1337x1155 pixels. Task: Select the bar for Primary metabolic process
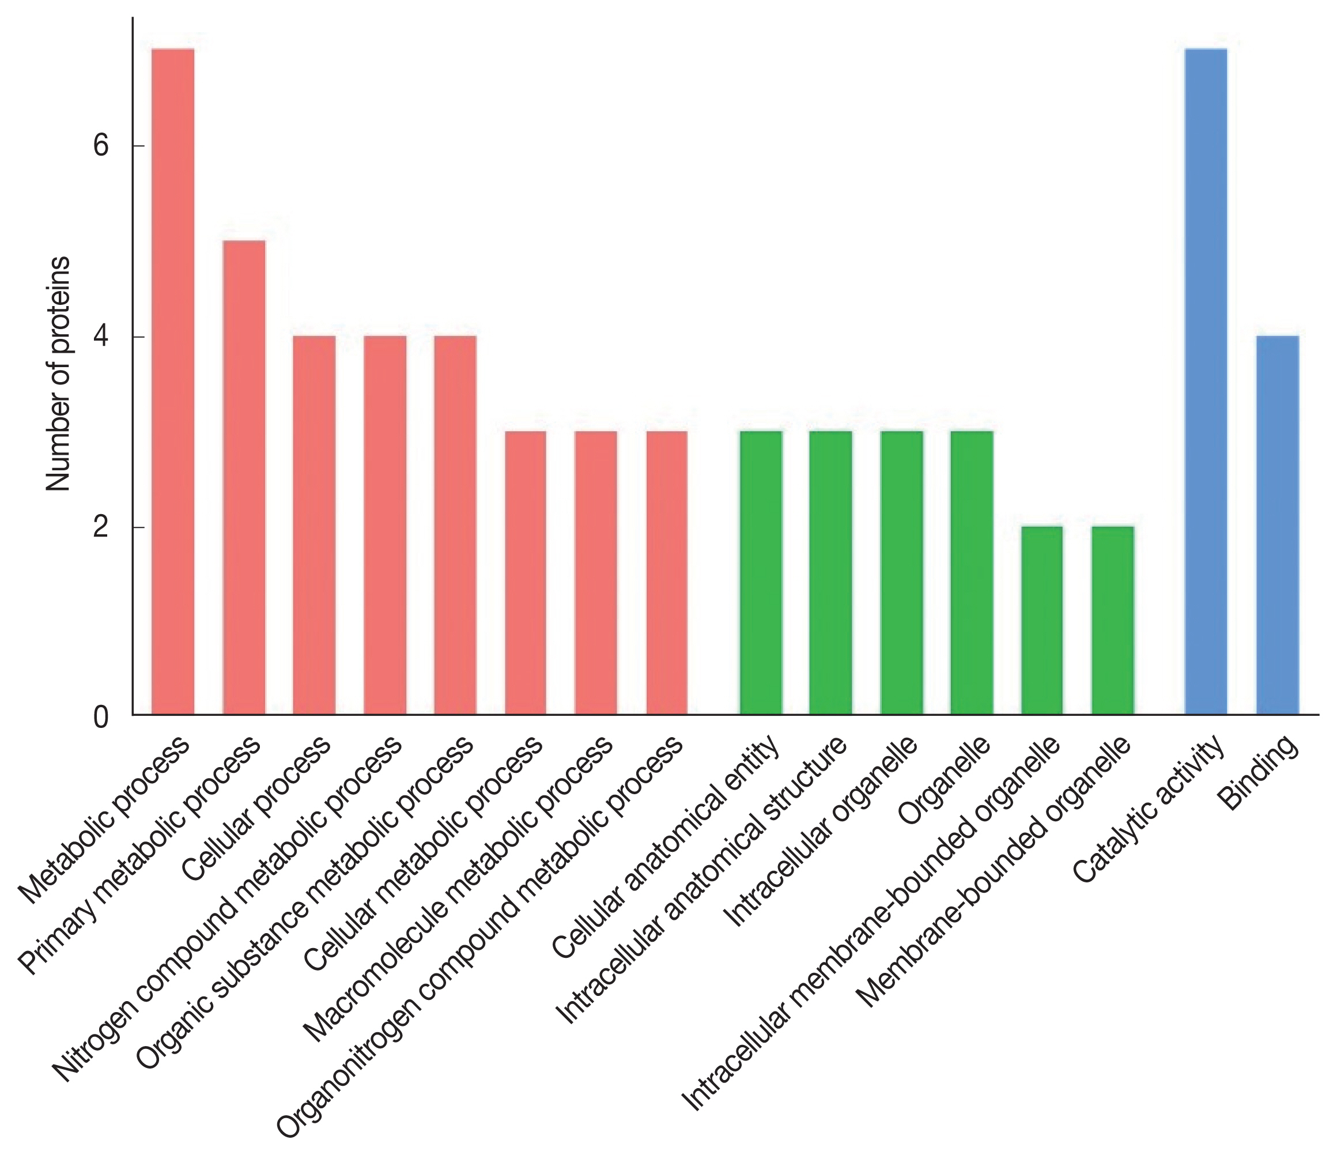point(244,477)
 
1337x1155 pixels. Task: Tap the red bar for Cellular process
point(314,525)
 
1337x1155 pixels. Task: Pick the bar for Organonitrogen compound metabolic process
point(667,573)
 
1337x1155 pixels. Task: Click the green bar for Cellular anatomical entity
point(761,573)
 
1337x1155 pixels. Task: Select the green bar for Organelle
point(972,573)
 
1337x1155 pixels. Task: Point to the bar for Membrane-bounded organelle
point(1112,621)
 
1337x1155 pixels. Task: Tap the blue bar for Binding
point(1278,525)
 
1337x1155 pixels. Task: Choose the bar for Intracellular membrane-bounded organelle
point(1041,621)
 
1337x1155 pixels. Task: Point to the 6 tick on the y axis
point(101,146)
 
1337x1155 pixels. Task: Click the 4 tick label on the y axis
point(101,337)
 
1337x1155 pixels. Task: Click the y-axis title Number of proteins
point(59,374)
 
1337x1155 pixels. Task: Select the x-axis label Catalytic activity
point(1149,810)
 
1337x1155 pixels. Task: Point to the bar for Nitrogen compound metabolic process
point(384,525)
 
